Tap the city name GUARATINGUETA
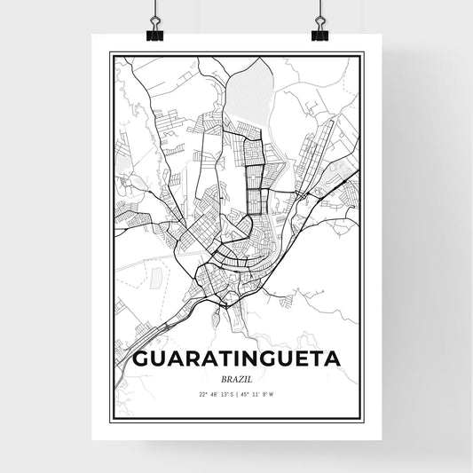pyautogui.click(x=236, y=360)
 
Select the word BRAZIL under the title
pyautogui.click(x=236, y=379)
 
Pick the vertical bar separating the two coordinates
pyautogui.click(x=237, y=394)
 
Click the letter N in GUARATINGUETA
pyautogui.click(x=248, y=360)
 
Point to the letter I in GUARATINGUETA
pyautogui.click(x=234, y=360)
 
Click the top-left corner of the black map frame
pyautogui.click(x=110, y=54)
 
